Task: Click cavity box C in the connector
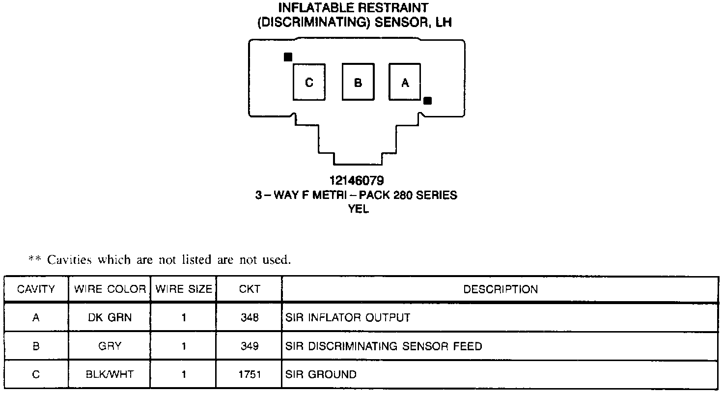point(309,82)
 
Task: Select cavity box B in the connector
point(358,82)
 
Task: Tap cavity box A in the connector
point(405,82)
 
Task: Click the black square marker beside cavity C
point(288,57)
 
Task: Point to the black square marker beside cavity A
point(427,101)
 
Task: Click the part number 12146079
point(357,181)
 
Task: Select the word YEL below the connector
point(358,209)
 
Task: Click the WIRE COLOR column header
point(110,289)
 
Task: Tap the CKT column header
point(250,289)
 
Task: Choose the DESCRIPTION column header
point(501,289)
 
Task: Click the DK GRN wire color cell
point(110,317)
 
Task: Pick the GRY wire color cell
point(110,346)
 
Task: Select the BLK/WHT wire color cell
point(110,374)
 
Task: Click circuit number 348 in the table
point(250,317)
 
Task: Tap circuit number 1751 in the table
point(250,374)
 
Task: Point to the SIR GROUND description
point(321,374)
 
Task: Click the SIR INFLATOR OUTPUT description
point(347,317)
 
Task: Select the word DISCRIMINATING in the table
point(354,346)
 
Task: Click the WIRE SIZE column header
point(184,289)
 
